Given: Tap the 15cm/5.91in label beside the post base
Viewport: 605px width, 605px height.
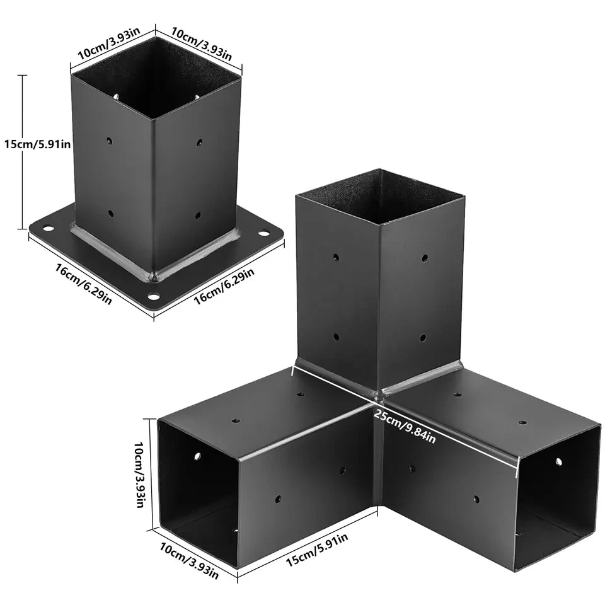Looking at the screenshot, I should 37,144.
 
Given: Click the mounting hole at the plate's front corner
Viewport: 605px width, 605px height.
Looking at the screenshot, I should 153,296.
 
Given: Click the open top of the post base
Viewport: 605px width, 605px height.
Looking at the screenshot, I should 156,88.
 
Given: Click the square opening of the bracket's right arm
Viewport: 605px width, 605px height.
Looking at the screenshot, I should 557,492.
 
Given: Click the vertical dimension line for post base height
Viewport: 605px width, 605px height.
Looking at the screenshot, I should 25,151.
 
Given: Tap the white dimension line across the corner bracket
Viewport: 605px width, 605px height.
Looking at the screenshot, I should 403,416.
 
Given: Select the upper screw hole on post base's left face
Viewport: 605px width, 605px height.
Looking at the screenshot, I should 109,140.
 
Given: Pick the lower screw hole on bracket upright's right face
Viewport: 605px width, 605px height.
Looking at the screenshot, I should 423,338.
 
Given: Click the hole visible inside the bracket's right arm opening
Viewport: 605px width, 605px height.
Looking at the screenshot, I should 558,462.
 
